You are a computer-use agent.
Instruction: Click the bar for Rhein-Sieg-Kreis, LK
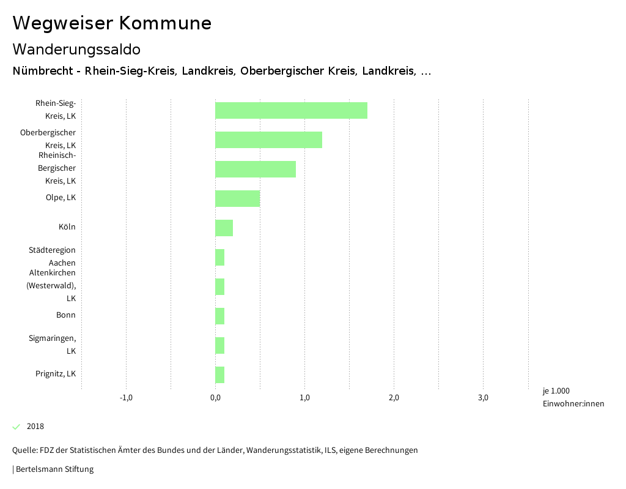pyautogui.click(x=291, y=111)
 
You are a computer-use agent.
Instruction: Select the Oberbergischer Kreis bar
pyautogui.click(x=268, y=140)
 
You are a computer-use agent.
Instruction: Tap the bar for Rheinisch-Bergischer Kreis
pyautogui.click(x=256, y=170)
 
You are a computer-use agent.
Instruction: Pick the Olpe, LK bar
pyautogui.click(x=238, y=199)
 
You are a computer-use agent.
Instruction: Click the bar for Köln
pyautogui.click(x=224, y=228)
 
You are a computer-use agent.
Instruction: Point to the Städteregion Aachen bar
pyautogui.click(x=220, y=258)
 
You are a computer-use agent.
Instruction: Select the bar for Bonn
pyautogui.click(x=220, y=316)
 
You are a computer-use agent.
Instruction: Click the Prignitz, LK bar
pyautogui.click(x=220, y=375)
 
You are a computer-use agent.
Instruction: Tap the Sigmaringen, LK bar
pyautogui.click(x=220, y=346)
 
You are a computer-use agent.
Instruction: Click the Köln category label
pyautogui.click(x=67, y=227)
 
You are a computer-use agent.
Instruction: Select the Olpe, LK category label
pyautogui.click(x=61, y=198)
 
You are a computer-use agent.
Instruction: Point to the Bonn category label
pyautogui.click(x=66, y=315)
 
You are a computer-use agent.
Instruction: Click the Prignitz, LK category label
pyautogui.click(x=56, y=374)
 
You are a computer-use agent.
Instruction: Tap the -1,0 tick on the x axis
pyautogui.click(x=126, y=398)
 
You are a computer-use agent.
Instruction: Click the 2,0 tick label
pyautogui.click(x=394, y=398)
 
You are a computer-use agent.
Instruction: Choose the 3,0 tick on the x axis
pyautogui.click(x=483, y=398)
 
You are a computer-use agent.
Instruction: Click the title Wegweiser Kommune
pyautogui.click(x=112, y=23)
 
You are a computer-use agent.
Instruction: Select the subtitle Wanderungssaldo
pyautogui.click(x=76, y=49)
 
